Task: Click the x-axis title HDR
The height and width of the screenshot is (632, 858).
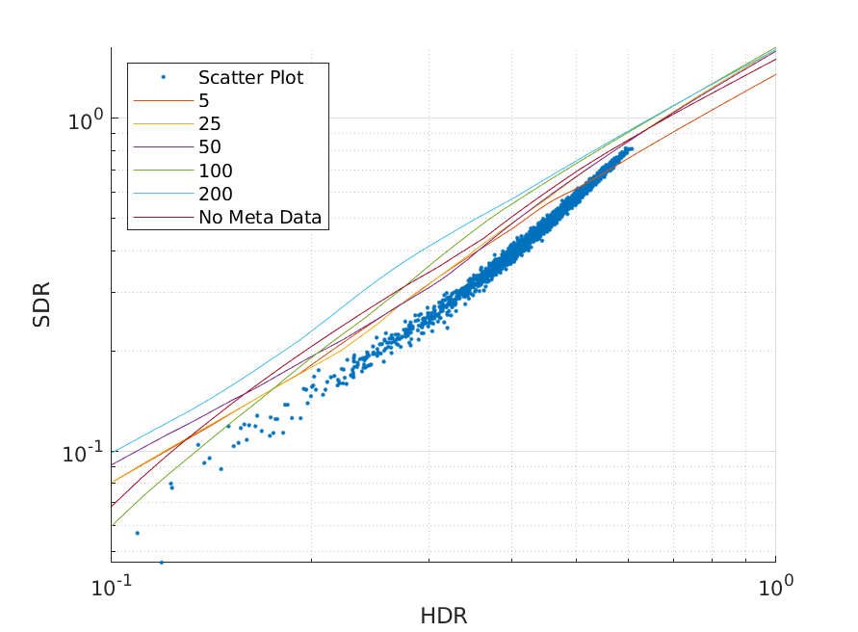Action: click(443, 616)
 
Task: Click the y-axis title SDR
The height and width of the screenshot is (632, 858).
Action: click(41, 304)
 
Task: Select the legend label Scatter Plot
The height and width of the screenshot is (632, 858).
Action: click(251, 77)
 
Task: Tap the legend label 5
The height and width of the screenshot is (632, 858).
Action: click(204, 100)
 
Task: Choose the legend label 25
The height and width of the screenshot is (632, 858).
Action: click(210, 123)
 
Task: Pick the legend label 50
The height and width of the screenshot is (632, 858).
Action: click(210, 147)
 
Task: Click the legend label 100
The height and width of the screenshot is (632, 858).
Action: click(216, 171)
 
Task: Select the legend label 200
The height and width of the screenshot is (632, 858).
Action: click(216, 194)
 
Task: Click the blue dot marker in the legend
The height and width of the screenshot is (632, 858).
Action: click(164, 77)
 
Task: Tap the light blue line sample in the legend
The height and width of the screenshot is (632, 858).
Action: click(164, 194)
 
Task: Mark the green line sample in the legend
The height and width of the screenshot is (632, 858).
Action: click(164, 171)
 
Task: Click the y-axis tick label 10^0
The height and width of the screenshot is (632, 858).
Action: click(84, 120)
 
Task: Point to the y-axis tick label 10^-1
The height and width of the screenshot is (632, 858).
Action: click(82, 454)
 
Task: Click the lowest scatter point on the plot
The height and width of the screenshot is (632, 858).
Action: click(161, 562)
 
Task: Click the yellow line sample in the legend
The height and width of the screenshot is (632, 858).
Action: click(164, 123)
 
